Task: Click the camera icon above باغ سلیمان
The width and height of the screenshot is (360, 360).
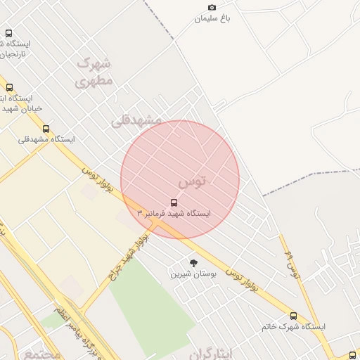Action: click(x=212, y=8)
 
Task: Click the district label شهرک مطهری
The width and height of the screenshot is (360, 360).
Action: click(x=94, y=72)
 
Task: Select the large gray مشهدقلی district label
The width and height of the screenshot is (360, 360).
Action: click(x=136, y=120)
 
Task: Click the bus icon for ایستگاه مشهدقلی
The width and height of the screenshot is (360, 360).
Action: click(x=46, y=129)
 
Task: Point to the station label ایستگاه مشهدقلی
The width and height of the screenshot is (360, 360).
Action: click(x=46, y=139)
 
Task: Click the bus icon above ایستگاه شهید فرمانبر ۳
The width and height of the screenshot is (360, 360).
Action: click(x=174, y=202)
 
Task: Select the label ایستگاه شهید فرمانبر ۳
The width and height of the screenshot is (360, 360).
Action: click(x=176, y=213)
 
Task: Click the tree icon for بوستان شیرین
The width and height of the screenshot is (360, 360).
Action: click(x=194, y=262)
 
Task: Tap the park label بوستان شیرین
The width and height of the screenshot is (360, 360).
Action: click(x=194, y=273)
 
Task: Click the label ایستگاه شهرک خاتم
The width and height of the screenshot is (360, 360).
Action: click(x=293, y=326)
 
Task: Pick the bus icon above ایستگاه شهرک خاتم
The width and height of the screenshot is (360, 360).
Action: click(x=293, y=316)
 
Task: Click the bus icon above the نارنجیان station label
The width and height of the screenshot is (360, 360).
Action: click(x=8, y=33)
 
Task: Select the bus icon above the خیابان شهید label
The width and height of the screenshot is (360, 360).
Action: click(x=9, y=88)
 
